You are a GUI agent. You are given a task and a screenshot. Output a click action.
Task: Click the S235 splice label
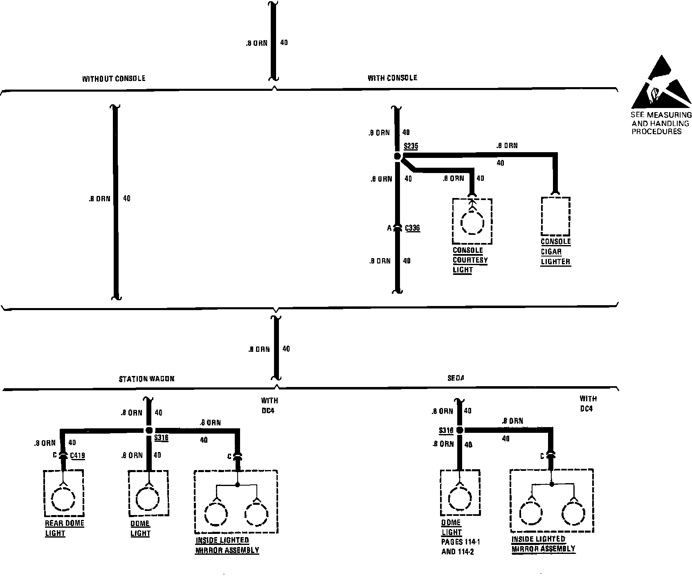pyautogui.click(x=411, y=146)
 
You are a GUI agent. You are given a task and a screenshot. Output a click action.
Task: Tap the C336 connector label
pyautogui.click(x=412, y=228)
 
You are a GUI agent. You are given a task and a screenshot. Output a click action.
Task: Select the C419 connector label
pyautogui.click(x=78, y=455)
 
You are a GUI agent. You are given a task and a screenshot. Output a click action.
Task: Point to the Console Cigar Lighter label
pyautogui.click(x=555, y=252)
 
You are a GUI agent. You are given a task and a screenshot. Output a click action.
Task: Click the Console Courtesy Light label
pyautogui.click(x=470, y=260)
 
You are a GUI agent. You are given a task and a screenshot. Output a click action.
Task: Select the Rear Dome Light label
pyautogui.click(x=64, y=528)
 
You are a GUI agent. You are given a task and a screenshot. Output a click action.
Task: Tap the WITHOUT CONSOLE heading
pyautogui.click(x=114, y=79)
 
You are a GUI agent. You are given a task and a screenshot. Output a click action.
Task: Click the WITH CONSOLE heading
pyautogui.click(x=392, y=78)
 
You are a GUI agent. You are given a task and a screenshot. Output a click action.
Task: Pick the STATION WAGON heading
pyautogui.click(x=146, y=379)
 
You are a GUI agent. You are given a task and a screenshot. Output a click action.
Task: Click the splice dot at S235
pyautogui.click(x=397, y=156)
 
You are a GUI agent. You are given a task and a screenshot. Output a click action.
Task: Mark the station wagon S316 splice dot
pyautogui.click(x=149, y=430)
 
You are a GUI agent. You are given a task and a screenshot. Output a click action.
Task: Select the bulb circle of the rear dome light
pyautogui.click(x=63, y=498)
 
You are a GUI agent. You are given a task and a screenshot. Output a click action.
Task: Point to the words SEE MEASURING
pyautogui.click(x=661, y=115)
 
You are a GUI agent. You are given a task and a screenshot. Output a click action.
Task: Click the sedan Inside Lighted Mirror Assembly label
pyautogui.click(x=543, y=544)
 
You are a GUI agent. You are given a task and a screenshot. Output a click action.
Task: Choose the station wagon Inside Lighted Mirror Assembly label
pyautogui.click(x=227, y=545)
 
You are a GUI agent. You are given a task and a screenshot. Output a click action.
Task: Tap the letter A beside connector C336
pyautogui.click(x=389, y=228)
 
